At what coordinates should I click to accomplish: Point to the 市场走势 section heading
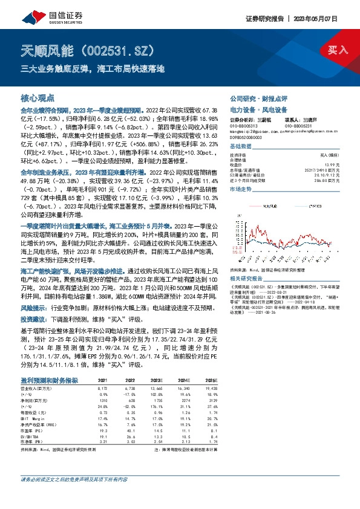[x=240, y=189]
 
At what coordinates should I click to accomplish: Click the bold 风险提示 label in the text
[x=32, y=307]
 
